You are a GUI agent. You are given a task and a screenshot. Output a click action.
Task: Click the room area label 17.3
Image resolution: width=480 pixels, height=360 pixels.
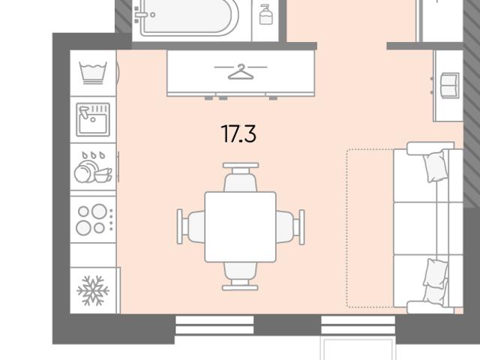click(238, 133)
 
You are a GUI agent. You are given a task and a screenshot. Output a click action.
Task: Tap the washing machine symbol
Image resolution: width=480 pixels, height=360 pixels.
click(93, 73)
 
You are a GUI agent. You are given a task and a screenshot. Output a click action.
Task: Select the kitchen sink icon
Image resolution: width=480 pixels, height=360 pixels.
click(93, 119)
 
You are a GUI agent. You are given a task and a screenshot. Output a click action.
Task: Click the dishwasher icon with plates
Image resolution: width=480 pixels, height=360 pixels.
click(93, 167)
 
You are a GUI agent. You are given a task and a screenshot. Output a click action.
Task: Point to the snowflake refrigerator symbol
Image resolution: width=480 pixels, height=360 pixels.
click(93, 290)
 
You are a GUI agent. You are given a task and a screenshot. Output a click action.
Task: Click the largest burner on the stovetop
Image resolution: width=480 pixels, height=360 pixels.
click(99, 211)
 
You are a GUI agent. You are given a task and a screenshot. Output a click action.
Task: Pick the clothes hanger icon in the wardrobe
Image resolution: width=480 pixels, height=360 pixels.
click(241, 72)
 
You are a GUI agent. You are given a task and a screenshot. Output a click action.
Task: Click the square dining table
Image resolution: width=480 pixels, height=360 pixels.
click(240, 226)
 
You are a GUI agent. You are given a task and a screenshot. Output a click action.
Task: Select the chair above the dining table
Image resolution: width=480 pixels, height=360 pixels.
click(241, 177)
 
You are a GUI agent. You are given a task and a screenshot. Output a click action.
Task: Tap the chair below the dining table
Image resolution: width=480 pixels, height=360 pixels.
click(240, 276)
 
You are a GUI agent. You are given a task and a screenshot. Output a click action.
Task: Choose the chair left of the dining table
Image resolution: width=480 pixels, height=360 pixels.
click(190, 226)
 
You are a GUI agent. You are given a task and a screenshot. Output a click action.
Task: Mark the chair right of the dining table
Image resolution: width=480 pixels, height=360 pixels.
click(290, 227)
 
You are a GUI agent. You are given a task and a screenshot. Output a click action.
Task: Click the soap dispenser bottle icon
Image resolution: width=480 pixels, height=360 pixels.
click(265, 14)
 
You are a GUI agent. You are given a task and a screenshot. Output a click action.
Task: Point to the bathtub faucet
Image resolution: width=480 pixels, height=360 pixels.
click(142, 14)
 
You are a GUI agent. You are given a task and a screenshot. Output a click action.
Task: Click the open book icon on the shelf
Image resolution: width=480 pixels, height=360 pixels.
click(450, 85)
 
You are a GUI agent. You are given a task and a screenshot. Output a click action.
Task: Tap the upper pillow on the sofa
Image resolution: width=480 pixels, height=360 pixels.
click(434, 166)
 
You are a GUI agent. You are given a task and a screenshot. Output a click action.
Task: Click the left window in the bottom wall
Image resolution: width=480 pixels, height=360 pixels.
click(214, 325)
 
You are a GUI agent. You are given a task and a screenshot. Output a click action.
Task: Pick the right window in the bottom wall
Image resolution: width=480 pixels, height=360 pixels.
click(358, 325)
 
